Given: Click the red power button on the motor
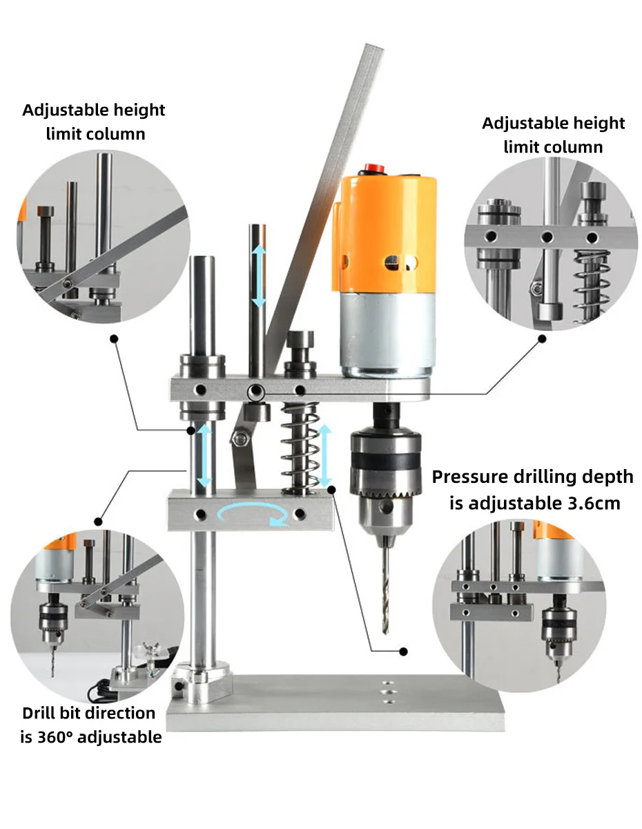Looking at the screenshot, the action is tap(374, 168).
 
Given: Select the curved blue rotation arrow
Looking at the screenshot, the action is tap(253, 513).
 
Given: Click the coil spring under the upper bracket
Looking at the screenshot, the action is tap(300, 448).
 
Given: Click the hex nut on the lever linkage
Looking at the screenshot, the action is tap(239, 439).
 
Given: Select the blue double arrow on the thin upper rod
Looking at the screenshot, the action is tap(260, 276).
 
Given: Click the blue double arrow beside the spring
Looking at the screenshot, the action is tap(324, 455).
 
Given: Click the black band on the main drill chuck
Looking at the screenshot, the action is tap(385, 461).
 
